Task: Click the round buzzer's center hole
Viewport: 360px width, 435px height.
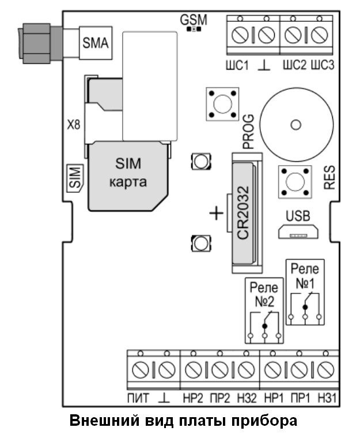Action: click(x=296, y=125)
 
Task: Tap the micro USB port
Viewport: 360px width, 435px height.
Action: click(x=298, y=232)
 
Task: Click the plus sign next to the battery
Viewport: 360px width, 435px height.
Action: click(x=215, y=214)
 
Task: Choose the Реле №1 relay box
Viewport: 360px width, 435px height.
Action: click(x=305, y=293)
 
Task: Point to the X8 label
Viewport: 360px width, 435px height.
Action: click(x=74, y=125)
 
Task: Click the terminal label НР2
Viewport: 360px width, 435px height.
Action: click(x=192, y=398)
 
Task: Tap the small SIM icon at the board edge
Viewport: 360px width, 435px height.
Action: click(x=74, y=176)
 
